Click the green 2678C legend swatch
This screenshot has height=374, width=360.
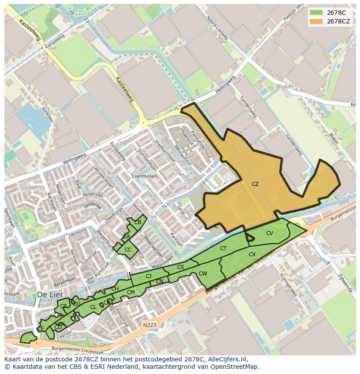click(x=316, y=13)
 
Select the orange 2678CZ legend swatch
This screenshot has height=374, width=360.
click(x=316, y=21)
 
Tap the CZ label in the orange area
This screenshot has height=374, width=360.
click(x=255, y=184)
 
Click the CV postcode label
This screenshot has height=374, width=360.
click(x=270, y=233)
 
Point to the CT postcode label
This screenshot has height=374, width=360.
click(x=223, y=248)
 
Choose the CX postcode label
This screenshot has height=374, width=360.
click(x=252, y=255)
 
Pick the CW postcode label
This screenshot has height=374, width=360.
click(x=203, y=274)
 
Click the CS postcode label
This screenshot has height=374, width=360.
click(x=180, y=267)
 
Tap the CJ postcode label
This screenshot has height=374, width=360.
click(x=148, y=276)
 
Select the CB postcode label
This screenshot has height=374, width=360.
click(x=138, y=222)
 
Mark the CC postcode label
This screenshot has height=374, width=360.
click(x=128, y=250)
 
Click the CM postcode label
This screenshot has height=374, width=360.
click(x=131, y=292)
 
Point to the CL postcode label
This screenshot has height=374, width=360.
click(x=93, y=307)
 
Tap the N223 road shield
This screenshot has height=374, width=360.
click(x=149, y=324)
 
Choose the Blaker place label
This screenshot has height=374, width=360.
click(x=285, y=86)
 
